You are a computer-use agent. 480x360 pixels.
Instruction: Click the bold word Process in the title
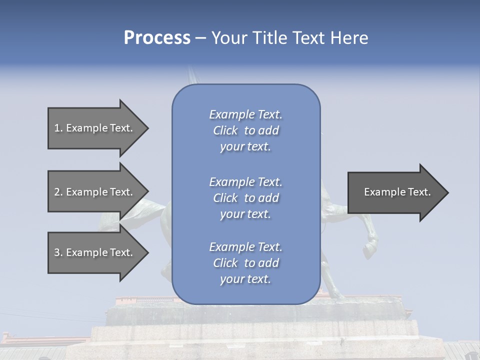157,38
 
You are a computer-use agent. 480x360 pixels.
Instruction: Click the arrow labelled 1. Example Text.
95,128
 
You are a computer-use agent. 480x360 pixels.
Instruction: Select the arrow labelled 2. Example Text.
95,192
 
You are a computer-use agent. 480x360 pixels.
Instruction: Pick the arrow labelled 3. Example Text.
95,252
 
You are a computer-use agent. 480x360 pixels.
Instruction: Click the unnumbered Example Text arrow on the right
395,192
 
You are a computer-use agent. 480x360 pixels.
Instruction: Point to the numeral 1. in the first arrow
58,128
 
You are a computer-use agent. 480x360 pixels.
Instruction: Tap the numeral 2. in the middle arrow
58,192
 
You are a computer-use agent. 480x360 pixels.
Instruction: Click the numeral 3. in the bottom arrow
58,252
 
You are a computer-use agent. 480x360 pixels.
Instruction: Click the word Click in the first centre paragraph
225,130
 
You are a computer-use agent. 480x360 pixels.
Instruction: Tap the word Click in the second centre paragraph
225,198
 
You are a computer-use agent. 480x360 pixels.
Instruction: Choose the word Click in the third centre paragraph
225,263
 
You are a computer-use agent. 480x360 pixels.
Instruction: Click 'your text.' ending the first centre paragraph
245,147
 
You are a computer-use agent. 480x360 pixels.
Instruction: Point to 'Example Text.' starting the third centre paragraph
245,247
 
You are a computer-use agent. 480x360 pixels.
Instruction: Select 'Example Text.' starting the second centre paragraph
245,182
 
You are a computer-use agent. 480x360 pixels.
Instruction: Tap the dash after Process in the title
200,38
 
